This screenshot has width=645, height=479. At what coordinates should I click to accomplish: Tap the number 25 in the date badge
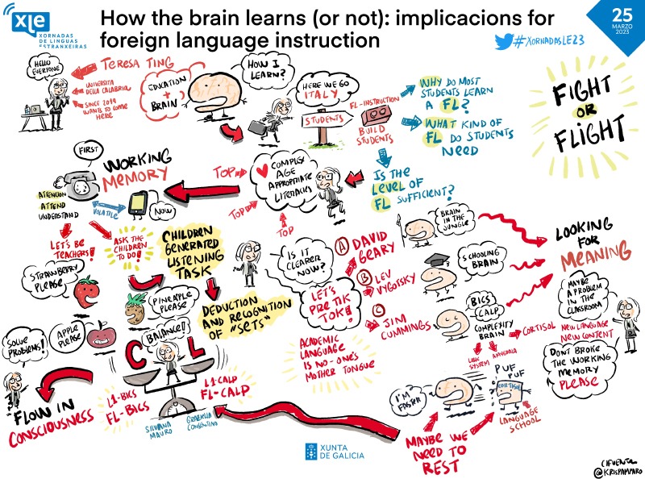pyautogui.click(x=599, y=14)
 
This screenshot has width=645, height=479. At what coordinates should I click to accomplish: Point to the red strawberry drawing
pyautogui.click(x=86, y=289)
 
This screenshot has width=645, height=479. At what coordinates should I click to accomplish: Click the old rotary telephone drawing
pyautogui.click(x=81, y=186)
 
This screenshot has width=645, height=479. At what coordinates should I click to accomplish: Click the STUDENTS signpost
pyautogui.click(x=326, y=122)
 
